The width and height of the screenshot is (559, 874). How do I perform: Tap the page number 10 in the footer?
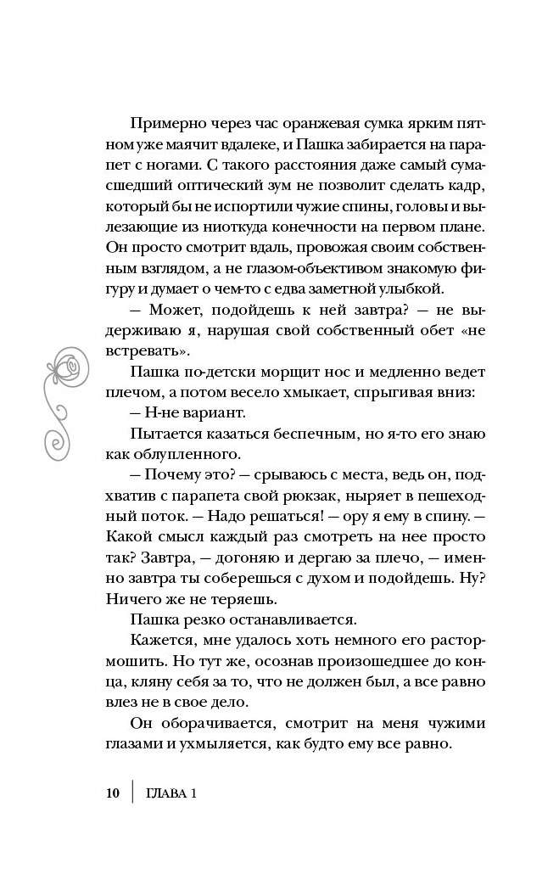click(114, 794)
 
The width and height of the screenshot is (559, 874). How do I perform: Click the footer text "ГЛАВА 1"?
click(171, 794)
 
